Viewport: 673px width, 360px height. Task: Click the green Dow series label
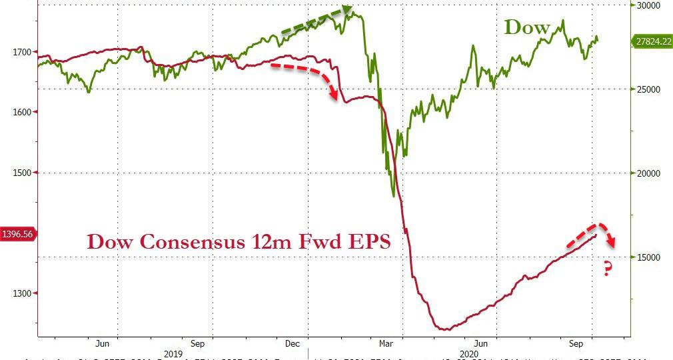coord(527,27)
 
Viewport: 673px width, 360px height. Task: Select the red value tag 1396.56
coord(17,234)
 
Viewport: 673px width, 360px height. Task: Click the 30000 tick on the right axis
coord(645,5)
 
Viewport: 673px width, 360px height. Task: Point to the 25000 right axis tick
coord(645,89)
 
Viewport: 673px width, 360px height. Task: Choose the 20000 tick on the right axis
coord(645,173)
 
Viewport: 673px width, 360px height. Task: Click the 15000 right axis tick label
coord(645,257)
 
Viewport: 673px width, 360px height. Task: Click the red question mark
coord(608,269)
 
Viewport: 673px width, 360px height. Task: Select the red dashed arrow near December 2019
coord(307,77)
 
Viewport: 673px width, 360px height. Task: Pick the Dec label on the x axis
coord(293,344)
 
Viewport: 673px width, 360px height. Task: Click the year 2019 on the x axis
coord(173,354)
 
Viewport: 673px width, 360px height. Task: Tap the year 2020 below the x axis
coord(469,354)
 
